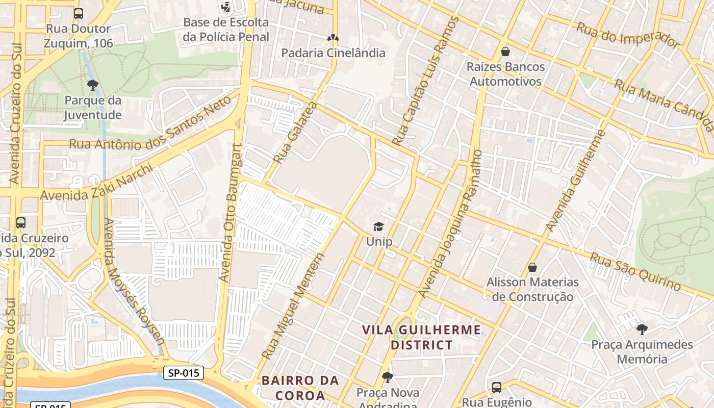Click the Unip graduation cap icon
point(378,226)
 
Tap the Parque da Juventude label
point(93,108)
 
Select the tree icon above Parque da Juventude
point(92,85)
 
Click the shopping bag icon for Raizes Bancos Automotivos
point(505,52)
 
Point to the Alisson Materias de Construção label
point(532,289)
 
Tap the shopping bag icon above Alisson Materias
point(532,267)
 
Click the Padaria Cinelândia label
point(334,53)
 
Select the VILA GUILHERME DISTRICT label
point(422,337)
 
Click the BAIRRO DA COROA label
point(300,388)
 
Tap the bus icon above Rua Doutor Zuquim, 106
point(79,14)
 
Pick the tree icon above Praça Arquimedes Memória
point(642,329)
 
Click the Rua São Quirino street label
point(635,271)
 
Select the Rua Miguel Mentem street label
point(293,306)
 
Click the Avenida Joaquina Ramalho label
point(450,224)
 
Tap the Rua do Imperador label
point(628,35)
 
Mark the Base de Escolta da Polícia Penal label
point(226,30)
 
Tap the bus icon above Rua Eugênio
point(497,388)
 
